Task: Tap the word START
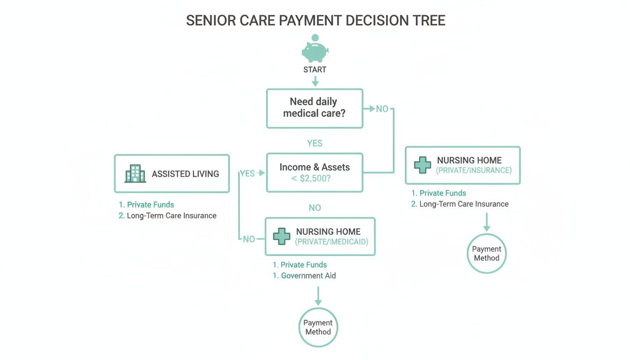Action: [315, 70]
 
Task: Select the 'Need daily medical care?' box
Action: [315, 108]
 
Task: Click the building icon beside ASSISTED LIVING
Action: [135, 173]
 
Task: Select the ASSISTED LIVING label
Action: [185, 174]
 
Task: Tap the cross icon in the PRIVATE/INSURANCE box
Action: [422, 165]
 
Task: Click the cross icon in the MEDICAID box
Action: [281, 236]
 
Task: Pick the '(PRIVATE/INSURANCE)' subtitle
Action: [473, 171]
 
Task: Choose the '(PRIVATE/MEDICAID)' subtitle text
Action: [331, 242]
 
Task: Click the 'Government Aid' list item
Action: [308, 276]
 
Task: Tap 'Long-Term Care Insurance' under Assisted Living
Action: [172, 216]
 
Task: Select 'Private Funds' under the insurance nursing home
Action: [442, 193]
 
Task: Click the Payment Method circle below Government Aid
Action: [318, 327]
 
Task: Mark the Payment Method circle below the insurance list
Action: [487, 254]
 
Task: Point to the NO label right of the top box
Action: [382, 109]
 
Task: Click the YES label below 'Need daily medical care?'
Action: [315, 143]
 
